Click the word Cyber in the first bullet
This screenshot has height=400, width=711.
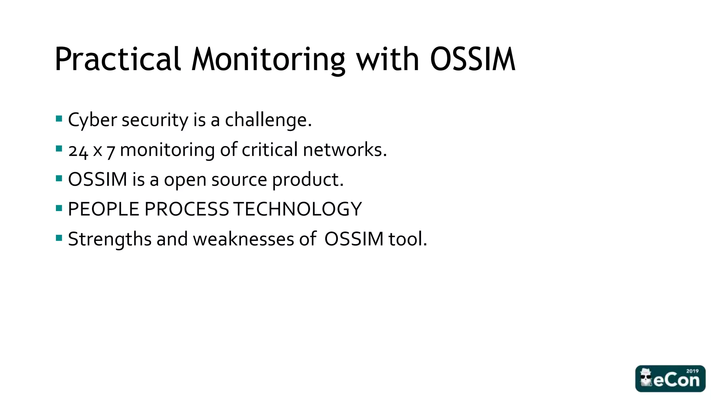pos(92,120)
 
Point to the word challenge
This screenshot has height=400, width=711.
pos(268,120)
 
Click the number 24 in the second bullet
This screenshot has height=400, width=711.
pos(78,151)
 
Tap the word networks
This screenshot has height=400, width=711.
pos(345,150)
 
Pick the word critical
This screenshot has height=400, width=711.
pos(270,150)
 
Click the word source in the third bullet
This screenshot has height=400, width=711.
pos(239,180)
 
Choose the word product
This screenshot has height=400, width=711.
pos(308,180)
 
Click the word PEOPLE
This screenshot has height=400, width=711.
pos(103,209)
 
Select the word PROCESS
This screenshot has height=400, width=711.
pos(186,209)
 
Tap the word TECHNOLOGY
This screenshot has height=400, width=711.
pos(298,209)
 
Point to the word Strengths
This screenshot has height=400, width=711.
pos(110,239)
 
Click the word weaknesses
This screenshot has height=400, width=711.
pos(243,239)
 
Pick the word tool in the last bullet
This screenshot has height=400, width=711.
pos(407,239)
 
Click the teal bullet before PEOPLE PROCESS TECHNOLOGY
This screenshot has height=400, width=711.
pos(59,208)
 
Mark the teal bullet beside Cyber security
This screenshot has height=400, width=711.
pos(59,119)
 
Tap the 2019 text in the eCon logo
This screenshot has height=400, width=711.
pos(692,371)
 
